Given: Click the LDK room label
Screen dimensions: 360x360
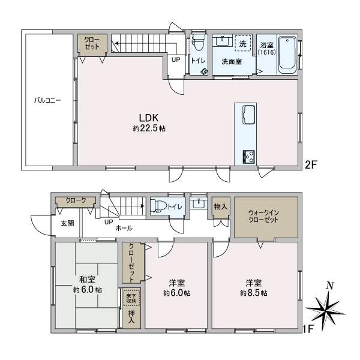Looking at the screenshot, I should [149, 118].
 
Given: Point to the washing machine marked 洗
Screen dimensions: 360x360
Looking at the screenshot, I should [243, 43].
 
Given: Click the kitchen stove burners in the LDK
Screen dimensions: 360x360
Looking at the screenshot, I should [248, 156].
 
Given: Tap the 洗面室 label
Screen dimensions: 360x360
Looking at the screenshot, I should [231, 61].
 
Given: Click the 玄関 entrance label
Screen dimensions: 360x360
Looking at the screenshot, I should [67, 223].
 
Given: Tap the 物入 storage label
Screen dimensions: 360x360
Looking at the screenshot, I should [221, 206].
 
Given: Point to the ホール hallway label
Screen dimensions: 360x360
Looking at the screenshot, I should [124, 229].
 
